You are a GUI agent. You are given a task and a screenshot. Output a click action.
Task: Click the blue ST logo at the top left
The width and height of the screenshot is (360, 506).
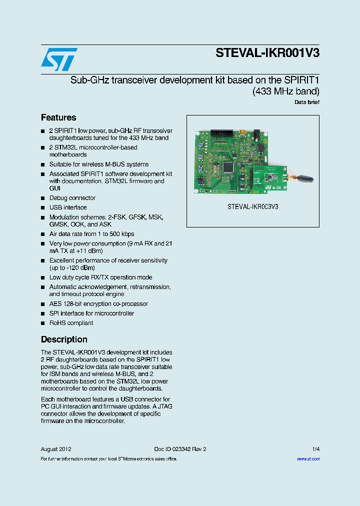coord(59,59)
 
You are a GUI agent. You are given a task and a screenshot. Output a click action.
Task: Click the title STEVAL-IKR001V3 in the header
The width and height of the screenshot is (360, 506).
coord(267,53)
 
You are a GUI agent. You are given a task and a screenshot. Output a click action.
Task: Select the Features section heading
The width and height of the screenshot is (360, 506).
coord(58,117)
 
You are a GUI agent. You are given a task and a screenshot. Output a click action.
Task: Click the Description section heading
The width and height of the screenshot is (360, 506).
coord(64,339)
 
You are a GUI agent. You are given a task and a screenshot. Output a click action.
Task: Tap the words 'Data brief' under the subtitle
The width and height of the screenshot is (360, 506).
coord(307,102)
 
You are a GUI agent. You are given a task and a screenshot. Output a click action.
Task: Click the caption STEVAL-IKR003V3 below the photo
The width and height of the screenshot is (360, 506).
coord(252,206)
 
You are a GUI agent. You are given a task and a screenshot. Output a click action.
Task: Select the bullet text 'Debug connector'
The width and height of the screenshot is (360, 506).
coord(72,198)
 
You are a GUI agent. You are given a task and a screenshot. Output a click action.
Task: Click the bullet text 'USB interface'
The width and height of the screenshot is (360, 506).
coord(68,207)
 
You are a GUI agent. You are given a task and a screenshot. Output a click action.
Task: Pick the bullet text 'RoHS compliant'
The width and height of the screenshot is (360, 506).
coord(71,323)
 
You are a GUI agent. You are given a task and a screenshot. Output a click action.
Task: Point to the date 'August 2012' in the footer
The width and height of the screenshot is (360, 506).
coord(56,449)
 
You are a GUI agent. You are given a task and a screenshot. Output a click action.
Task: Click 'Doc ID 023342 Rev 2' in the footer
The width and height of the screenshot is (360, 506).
coord(180,449)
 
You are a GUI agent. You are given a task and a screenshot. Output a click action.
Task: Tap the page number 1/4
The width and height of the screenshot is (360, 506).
coord(316,449)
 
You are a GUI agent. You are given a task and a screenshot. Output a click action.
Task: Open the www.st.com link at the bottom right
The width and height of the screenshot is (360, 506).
coord(308,459)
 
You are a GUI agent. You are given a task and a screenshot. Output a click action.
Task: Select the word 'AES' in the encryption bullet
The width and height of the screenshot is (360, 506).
coord(55,304)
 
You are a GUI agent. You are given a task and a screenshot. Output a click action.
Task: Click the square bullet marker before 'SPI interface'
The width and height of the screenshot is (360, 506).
coord(43,314)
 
